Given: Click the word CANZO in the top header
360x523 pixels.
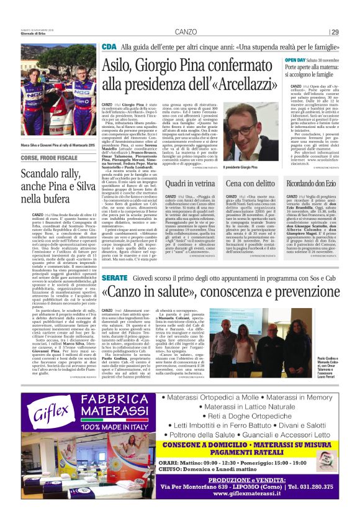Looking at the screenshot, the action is coord(186,32).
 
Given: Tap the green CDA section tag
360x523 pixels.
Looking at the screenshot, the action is coord(109,47).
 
